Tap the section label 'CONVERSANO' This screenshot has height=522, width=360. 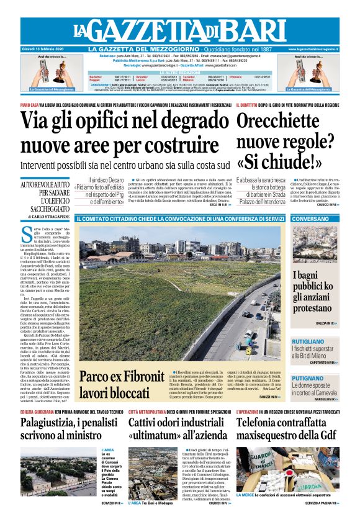[310, 219]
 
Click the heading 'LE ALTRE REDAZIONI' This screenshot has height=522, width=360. [181, 71]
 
